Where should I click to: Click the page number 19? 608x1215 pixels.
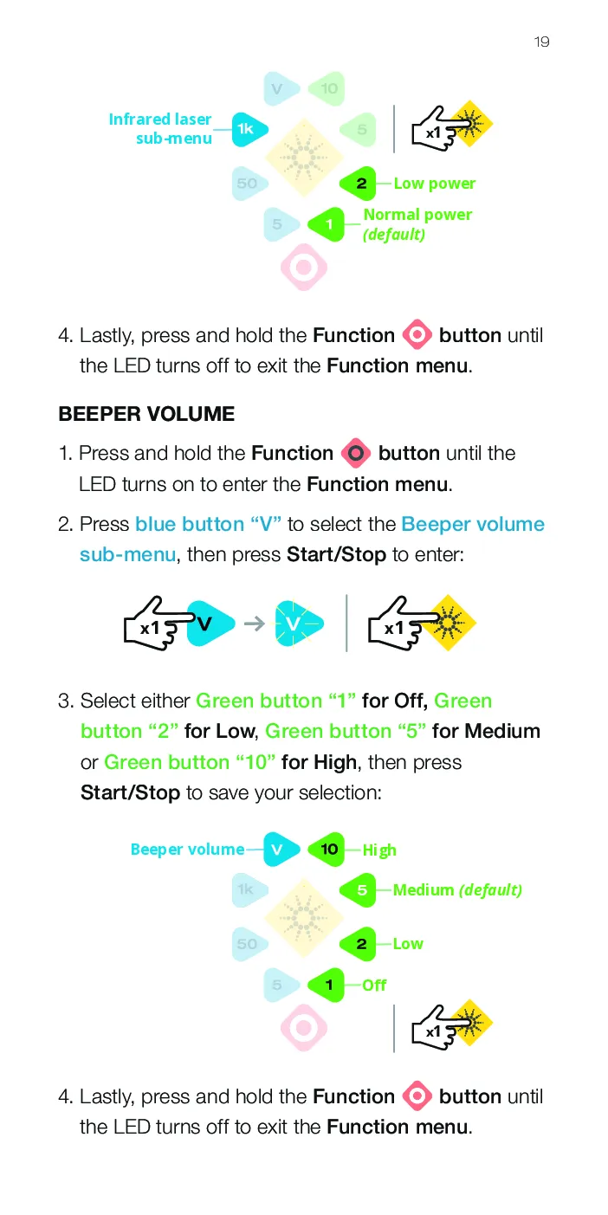(541, 42)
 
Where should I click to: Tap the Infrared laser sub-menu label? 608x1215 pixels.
(160, 128)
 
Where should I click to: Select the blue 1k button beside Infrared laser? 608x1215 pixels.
(249, 129)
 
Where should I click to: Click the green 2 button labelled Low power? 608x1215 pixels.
(358, 184)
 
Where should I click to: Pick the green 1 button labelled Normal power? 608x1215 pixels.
(327, 224)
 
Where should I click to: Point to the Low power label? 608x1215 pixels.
(435, 184)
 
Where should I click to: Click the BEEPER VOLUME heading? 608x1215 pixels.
(146, 414)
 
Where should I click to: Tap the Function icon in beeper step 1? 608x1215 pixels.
(356, 453)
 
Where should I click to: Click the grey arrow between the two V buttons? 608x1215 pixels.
(255, 624)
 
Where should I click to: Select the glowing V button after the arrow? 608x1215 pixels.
(298, 624)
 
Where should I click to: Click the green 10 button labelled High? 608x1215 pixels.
(327, 849)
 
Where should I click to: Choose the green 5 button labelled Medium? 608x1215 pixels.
(358, 889)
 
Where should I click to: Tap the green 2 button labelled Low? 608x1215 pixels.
(358, 944)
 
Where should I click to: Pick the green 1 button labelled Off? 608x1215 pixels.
(327, 985)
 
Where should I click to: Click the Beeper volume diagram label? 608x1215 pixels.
(187, 850)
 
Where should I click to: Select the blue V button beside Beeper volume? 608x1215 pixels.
(281, 849)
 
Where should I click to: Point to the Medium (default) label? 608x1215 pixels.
(457, 890)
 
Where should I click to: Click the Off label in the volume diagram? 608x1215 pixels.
(374, 985)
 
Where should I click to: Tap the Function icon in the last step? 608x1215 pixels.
(417, 1096)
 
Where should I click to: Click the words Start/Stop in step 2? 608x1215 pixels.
(336, 555)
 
